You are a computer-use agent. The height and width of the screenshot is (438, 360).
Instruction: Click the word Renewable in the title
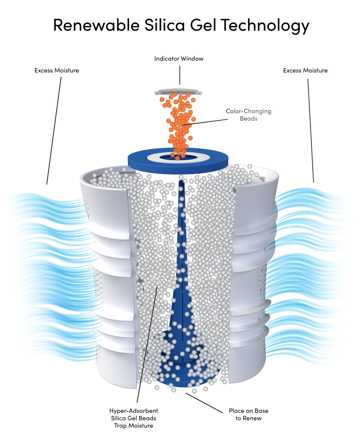96,25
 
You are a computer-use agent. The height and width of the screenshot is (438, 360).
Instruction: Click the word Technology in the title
265,26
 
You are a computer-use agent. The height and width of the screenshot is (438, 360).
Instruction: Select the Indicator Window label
179,59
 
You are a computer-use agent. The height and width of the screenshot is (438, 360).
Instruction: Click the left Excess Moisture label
57,70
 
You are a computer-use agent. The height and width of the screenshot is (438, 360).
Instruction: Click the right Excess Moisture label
305,70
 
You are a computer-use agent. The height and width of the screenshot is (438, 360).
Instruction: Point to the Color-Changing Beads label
248,115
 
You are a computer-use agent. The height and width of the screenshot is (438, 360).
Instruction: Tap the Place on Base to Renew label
248,414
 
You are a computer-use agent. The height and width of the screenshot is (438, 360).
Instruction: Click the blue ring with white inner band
178,160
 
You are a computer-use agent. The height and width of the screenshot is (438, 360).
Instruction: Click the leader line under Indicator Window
180,75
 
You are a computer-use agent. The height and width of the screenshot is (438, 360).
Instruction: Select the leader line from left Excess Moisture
54,130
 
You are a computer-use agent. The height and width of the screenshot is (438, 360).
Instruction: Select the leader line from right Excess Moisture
311,130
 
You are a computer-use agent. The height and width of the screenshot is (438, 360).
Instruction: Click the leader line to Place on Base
204,403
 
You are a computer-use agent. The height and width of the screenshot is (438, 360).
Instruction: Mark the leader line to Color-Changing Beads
205,122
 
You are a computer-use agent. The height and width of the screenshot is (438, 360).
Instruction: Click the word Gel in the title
203,25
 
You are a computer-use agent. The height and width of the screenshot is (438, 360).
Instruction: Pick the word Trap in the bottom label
121,426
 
